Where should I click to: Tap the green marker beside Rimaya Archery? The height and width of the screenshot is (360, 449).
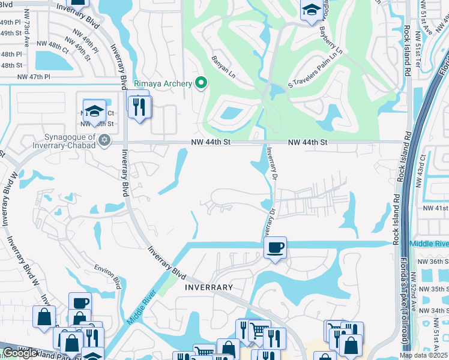pos(201,83)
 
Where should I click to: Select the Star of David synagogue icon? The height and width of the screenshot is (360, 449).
pos(104,140)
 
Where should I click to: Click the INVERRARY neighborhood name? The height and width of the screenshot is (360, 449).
pos(209,287)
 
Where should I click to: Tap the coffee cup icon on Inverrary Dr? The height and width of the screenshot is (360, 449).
pos(275,247)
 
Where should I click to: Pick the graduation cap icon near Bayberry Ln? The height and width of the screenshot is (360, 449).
pos(311,10)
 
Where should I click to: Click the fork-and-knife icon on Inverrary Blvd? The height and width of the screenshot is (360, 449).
pos(139,107)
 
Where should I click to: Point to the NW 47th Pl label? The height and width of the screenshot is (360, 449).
pos(34,77)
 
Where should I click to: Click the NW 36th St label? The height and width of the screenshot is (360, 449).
pos(432,262)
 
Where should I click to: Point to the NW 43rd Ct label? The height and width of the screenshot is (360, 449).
pos(423,169)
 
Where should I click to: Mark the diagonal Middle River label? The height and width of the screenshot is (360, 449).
pos(142,307)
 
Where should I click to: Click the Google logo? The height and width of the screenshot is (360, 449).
pos(20,353)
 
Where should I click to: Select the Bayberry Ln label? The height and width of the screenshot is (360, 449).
pos(330,37)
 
